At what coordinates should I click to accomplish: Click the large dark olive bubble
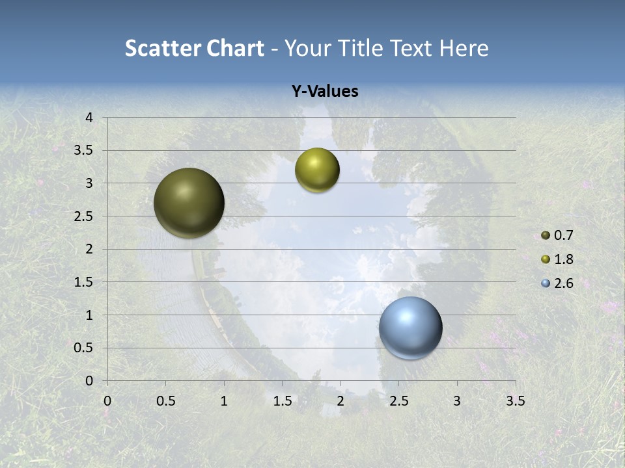coord(189,203)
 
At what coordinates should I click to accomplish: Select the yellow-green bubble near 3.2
coord(317,170)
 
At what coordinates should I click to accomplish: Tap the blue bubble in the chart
coord(411,328)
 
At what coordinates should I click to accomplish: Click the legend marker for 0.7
coord(546,235)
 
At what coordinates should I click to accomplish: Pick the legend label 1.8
coord(563,259)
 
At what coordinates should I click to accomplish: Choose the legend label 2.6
coord(563,283)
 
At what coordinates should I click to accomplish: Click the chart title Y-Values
coord(324,92)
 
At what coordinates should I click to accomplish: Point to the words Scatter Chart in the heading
coord(194,48)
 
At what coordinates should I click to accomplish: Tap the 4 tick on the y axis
coord(90,118)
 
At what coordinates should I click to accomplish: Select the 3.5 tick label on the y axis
coord(84,151)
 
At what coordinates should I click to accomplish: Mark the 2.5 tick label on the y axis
coord(84,216)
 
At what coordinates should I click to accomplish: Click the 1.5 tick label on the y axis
coord(84,282)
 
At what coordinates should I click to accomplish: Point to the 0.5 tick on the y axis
coord(84,348)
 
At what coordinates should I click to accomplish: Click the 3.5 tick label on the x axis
coord(516,401)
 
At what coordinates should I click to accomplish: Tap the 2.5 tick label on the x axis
coord(398,401)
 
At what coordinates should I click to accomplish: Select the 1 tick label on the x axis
coord(224,401)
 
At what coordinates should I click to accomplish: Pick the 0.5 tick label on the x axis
coord(165,401)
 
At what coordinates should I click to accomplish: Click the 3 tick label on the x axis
coord(457,401)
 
